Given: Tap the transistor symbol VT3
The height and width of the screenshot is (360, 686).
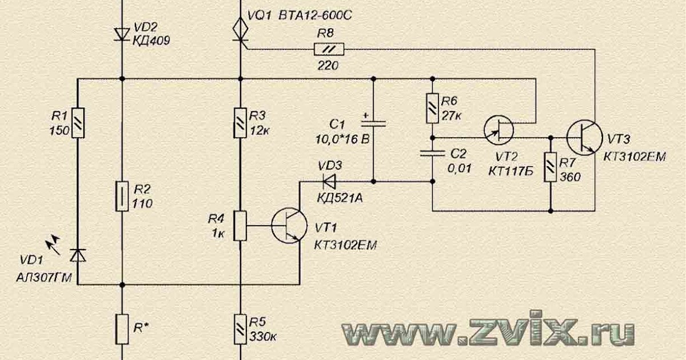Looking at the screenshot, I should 585,138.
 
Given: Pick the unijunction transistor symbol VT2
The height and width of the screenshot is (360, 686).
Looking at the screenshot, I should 498,129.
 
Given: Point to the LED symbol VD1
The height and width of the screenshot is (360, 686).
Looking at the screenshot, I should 78,257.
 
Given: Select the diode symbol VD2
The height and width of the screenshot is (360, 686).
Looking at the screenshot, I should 122,34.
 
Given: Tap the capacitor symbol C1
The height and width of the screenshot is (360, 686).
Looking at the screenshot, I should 373,123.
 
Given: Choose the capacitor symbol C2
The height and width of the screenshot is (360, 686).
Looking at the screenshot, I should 432,153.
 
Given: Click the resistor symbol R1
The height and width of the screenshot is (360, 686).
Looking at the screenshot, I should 78,123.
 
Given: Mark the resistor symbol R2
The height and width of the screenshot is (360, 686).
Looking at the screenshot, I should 122,196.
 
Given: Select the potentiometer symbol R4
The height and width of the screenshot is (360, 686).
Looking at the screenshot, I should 241,225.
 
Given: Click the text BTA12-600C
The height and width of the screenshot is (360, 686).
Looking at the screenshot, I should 314,15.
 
